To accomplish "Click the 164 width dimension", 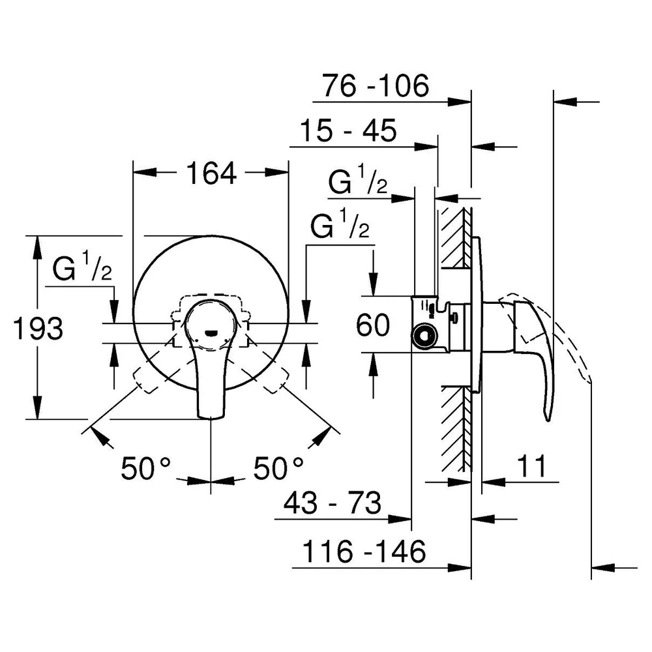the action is [211, 173].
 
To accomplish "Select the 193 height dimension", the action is [38, 328].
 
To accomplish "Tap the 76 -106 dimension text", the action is [376, 85].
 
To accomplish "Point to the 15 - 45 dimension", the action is [348, 130].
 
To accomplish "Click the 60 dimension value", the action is [373, 325].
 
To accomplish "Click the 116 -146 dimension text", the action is [364, 552].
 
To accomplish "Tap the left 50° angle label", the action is [145, 467].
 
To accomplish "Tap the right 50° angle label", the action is [278, 467].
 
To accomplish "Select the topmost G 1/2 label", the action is [357, 180].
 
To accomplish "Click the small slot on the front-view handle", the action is [211, 333].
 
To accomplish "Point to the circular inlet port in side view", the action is [424, 336].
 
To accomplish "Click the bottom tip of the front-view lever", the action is [211, 417].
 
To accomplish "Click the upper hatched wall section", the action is [456, 238].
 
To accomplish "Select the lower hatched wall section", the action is [456, 429].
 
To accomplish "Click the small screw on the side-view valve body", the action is [454, 319].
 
